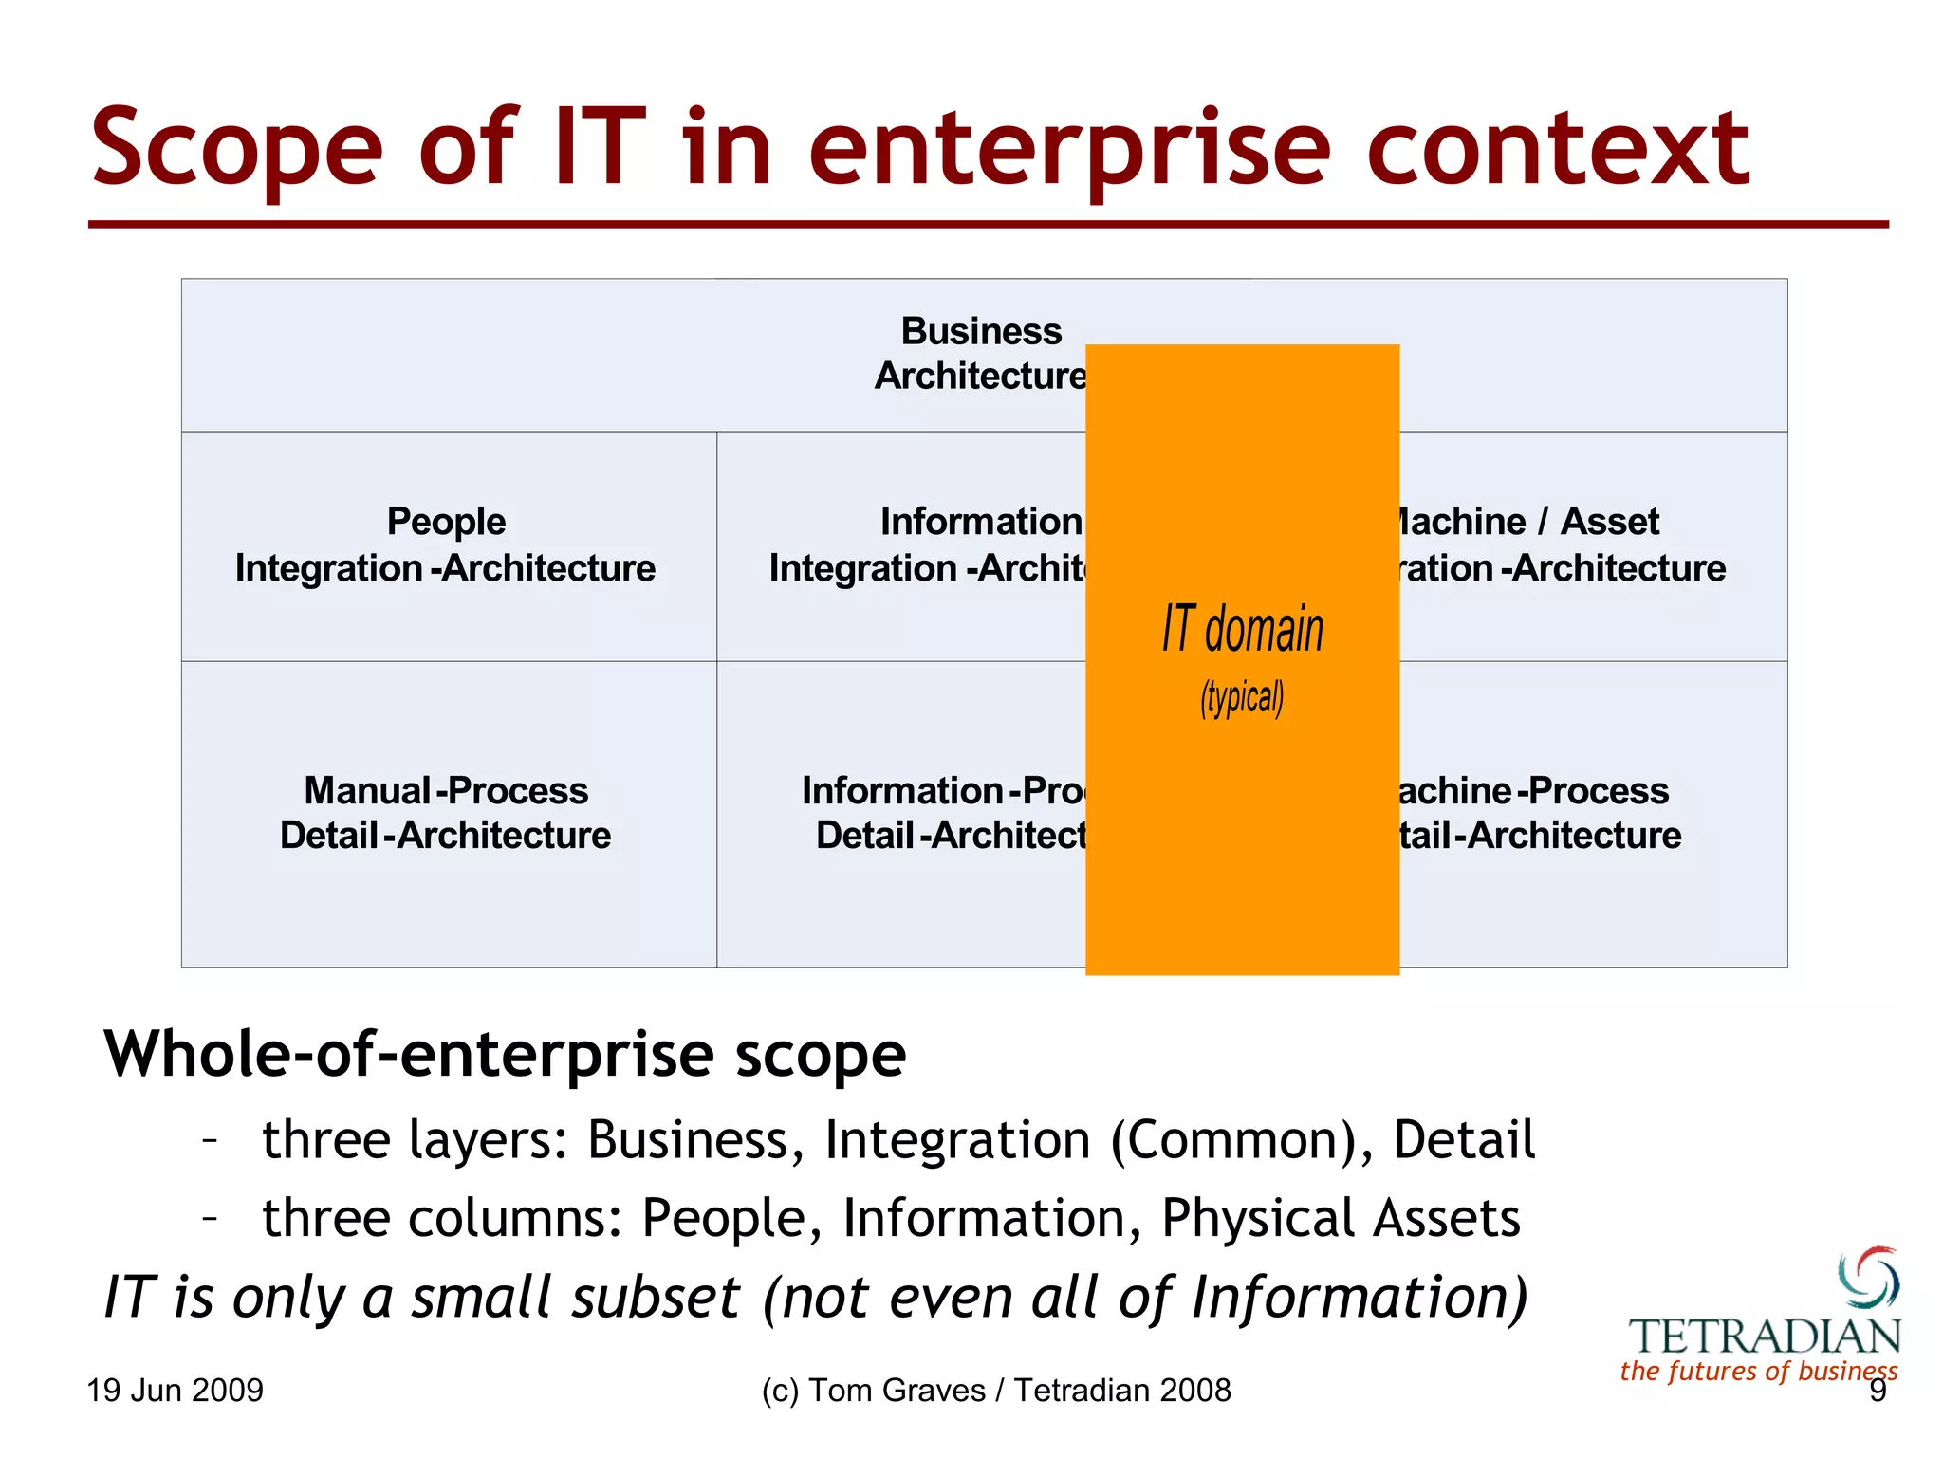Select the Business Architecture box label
point(981,354)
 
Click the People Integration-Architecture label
point(446,545)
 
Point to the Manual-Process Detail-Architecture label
point(446,813)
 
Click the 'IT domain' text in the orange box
point(1242,629)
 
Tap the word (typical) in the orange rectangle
point(1242,698)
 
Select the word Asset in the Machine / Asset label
point(1610,522)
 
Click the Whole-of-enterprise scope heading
point(505,1055)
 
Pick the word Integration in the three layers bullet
point(956,1140)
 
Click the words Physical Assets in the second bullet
point(1341,1219)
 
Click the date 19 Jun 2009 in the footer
point(175,1391)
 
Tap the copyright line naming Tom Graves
point(996,1391)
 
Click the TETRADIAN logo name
point(1765,1337)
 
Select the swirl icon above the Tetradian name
point(1869,1277)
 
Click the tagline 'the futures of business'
point(1758,1372)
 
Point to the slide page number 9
point(1878,1392)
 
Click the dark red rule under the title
point(987,225)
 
